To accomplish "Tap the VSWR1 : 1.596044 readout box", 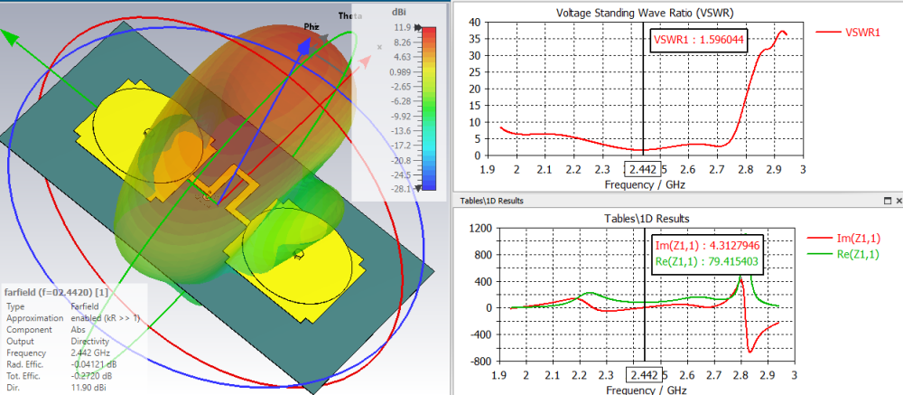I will pos(699,41).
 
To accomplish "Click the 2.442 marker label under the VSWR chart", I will pos(642,169).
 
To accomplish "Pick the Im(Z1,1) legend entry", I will pos(862,239).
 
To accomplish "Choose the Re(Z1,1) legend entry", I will pos(863,254).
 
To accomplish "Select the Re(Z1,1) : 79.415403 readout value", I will pos(708,265).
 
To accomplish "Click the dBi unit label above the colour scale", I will pos(399,13).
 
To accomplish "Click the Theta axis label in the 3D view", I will pos(349,16).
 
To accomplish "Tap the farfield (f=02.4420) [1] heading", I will pos(58,293).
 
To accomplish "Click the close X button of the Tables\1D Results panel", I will pos(896,200).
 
